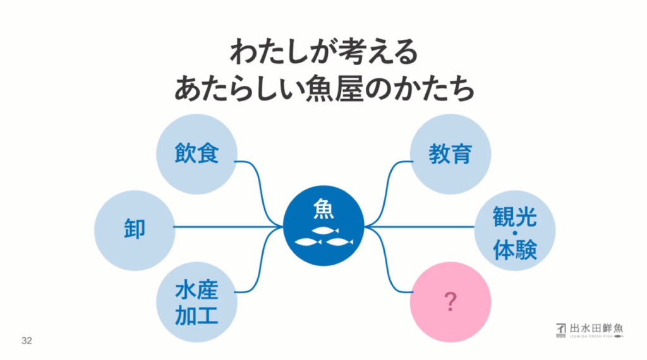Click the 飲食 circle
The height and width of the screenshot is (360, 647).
coord(197,154)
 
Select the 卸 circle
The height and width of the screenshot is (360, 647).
coord(135,227)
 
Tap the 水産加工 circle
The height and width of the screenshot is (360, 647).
coord(197,302)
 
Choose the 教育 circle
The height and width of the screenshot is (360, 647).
coord(450,154)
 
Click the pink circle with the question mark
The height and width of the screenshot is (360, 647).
coord(450,302)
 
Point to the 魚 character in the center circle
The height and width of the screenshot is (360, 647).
coord(323,210)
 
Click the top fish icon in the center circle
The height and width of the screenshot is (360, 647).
coord(325,230)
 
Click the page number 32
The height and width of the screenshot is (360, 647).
coord(27,340)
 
